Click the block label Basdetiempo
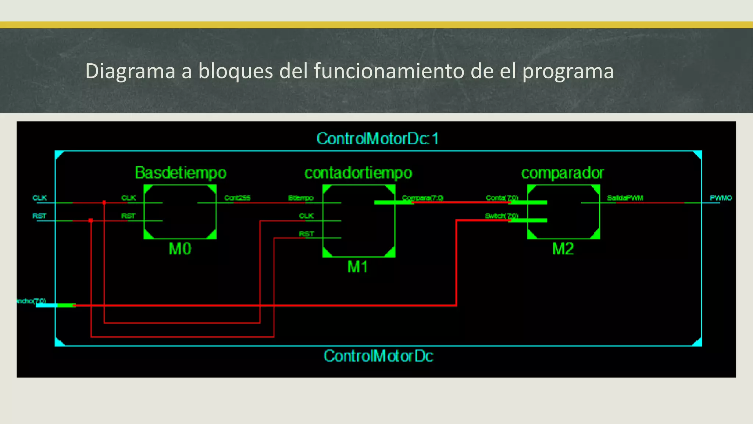[180, 173]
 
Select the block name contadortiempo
[358, 173]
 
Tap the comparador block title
[563, 173]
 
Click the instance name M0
[180, 249]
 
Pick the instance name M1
[358, 267]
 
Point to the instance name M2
[563, 249]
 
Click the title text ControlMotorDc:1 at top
[378, 139]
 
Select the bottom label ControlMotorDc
[378, 356]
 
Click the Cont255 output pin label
[237, 198]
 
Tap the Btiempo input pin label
[301, 198]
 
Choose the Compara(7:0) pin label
[422, 198]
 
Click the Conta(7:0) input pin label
[502, 198]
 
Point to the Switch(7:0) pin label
[502, 216]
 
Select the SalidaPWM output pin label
[625, 198]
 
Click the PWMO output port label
[721, 198]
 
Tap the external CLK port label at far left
[39, 198]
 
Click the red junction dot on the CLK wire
[104, 203]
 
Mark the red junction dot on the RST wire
[91, 220]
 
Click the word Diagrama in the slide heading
[130, 71]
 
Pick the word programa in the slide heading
[568, 71]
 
